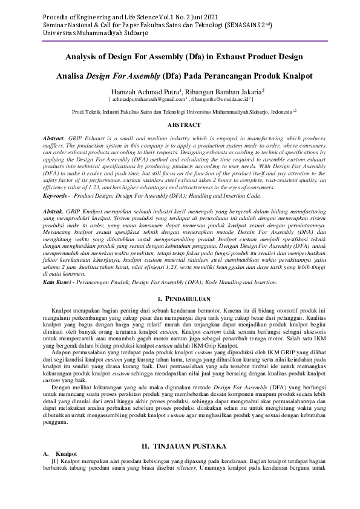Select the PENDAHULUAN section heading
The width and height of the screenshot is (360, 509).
[183, 299]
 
